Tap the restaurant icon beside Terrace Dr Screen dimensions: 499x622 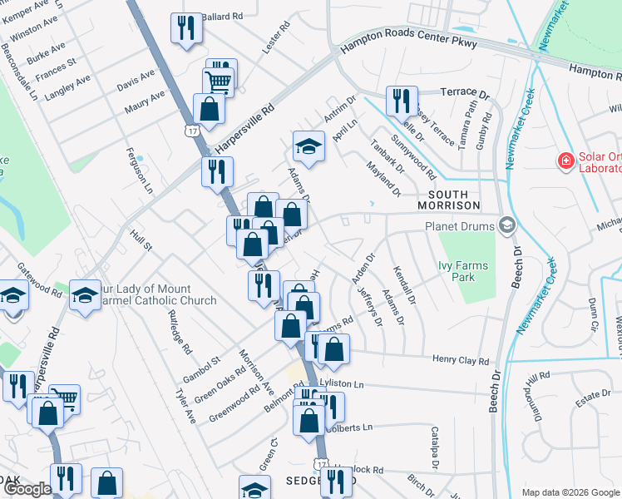402,101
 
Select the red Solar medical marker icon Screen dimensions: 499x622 565,160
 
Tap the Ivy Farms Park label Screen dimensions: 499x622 462,272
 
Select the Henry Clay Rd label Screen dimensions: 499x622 460,361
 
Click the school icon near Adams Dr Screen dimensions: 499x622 308,146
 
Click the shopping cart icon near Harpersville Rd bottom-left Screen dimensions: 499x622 64,399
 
